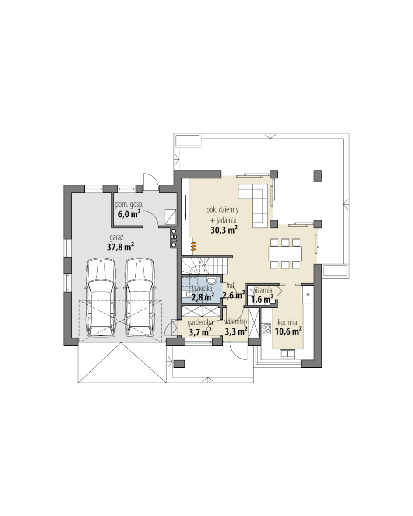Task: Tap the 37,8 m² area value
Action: pos(121,247)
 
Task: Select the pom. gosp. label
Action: pos(129,205)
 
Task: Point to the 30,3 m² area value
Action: pos(224,230)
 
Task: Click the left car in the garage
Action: pos(101,297)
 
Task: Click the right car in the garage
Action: pos(140,297)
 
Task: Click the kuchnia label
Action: pos(287,323)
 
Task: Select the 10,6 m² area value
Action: pos(288,331)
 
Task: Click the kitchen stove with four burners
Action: pos(266,329)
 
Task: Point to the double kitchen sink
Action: pos(287,354)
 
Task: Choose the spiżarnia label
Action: pos(261,290)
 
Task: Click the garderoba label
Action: pos(200,323)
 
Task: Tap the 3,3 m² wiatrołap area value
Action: pos(236,331)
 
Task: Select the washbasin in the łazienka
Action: pos(212,280)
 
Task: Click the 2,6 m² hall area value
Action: pos(234,295)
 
